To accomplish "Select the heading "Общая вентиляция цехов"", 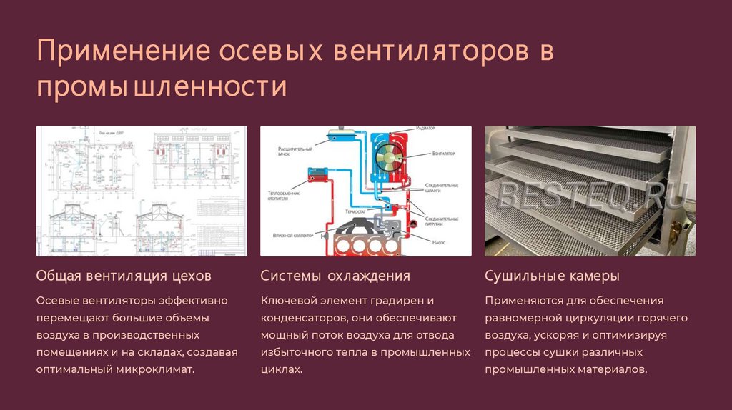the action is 124,276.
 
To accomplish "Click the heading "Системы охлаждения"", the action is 335,276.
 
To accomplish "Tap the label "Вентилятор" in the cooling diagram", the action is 444,154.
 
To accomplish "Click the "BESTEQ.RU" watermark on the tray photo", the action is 593,194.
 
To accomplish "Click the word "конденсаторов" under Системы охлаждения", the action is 297,318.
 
